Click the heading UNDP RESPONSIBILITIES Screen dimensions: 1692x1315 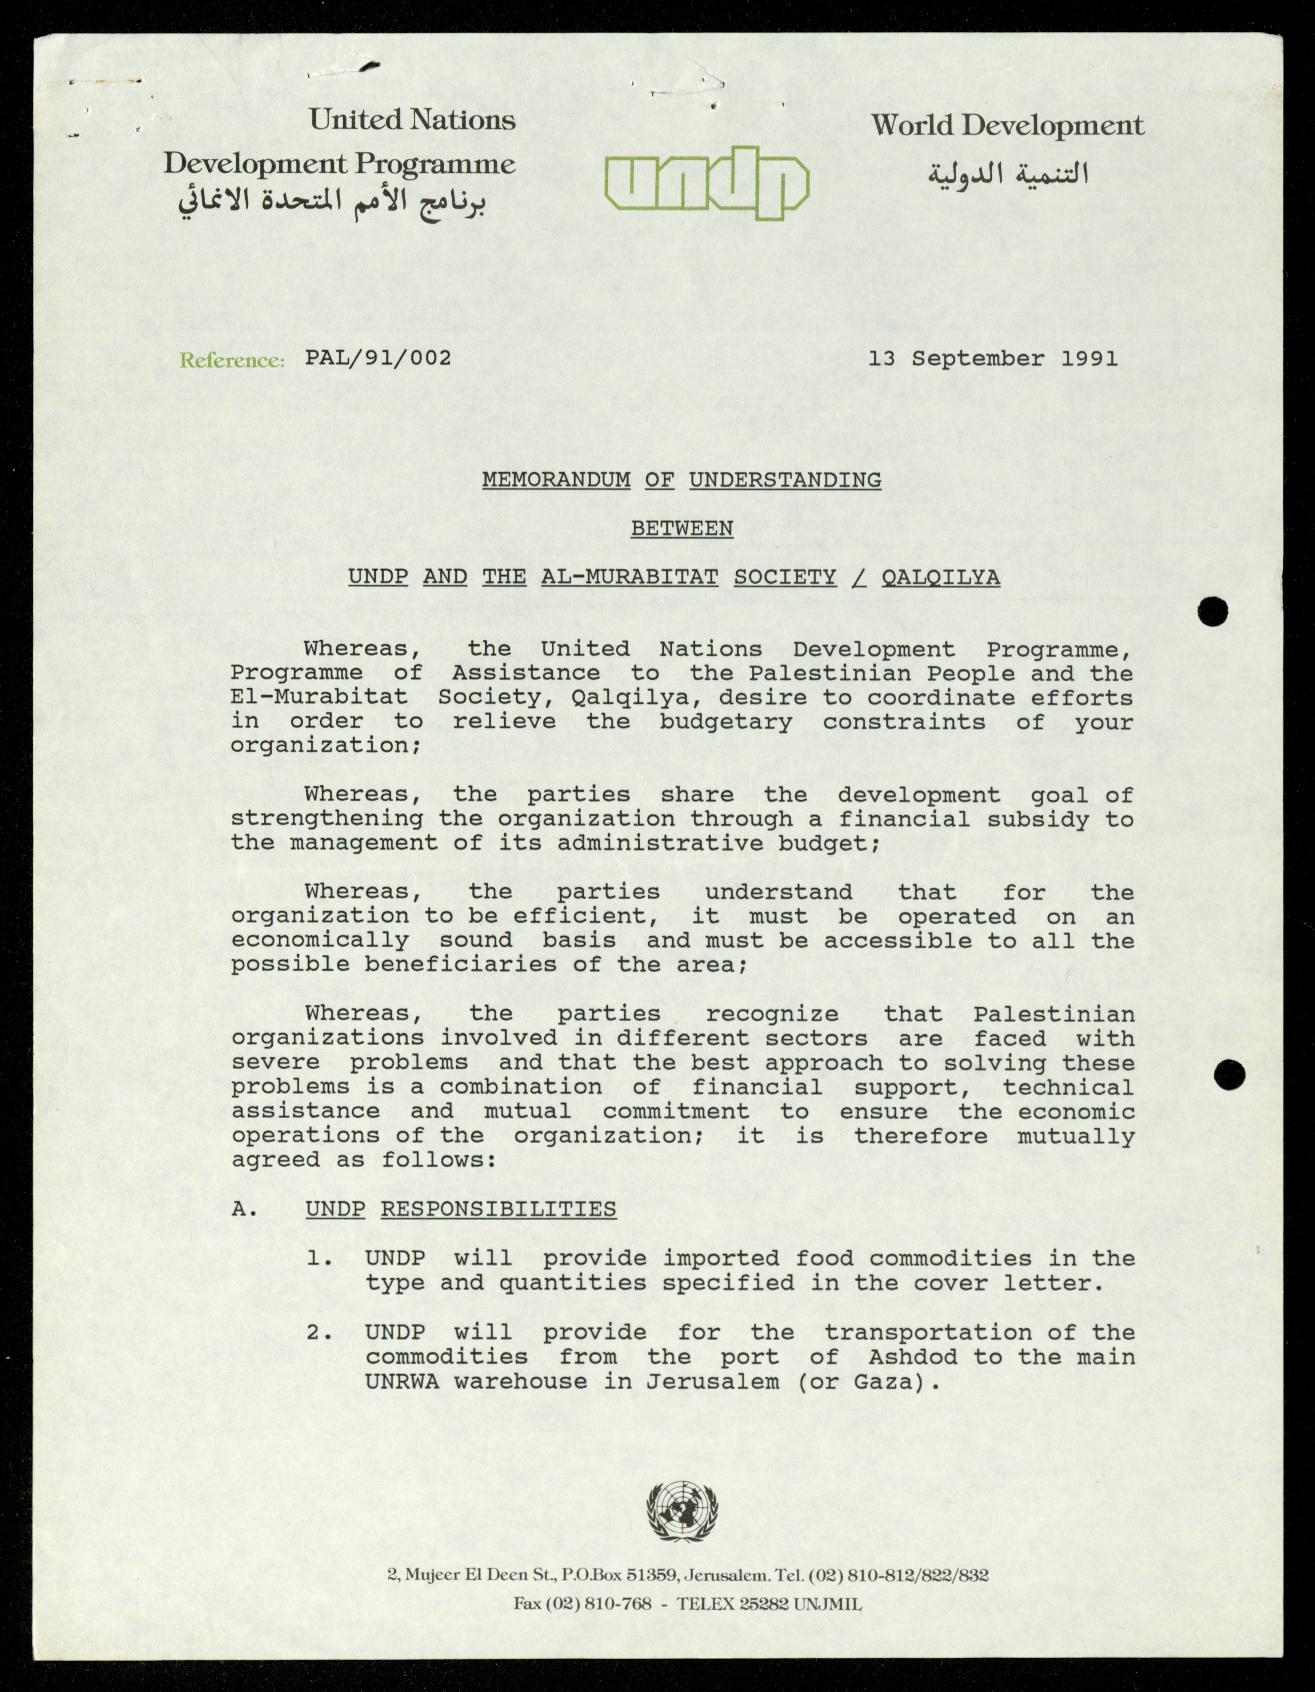tap(461, 1209)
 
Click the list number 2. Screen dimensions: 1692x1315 tap(319, 1332)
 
